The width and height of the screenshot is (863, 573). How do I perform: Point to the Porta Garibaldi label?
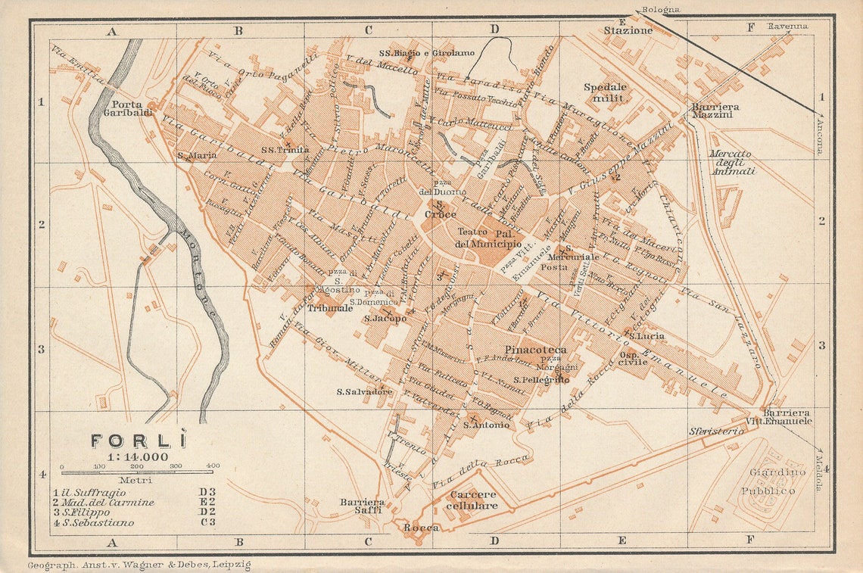pos(132,108)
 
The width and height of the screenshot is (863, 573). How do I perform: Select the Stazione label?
pos(628,31)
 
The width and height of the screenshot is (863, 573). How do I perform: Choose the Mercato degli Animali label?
pos(732,162)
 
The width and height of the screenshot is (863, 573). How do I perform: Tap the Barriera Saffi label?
pos(362,506)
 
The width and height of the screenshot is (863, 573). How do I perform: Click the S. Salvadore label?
pos(364,392)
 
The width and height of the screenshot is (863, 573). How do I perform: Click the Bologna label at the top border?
pos(659,10)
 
